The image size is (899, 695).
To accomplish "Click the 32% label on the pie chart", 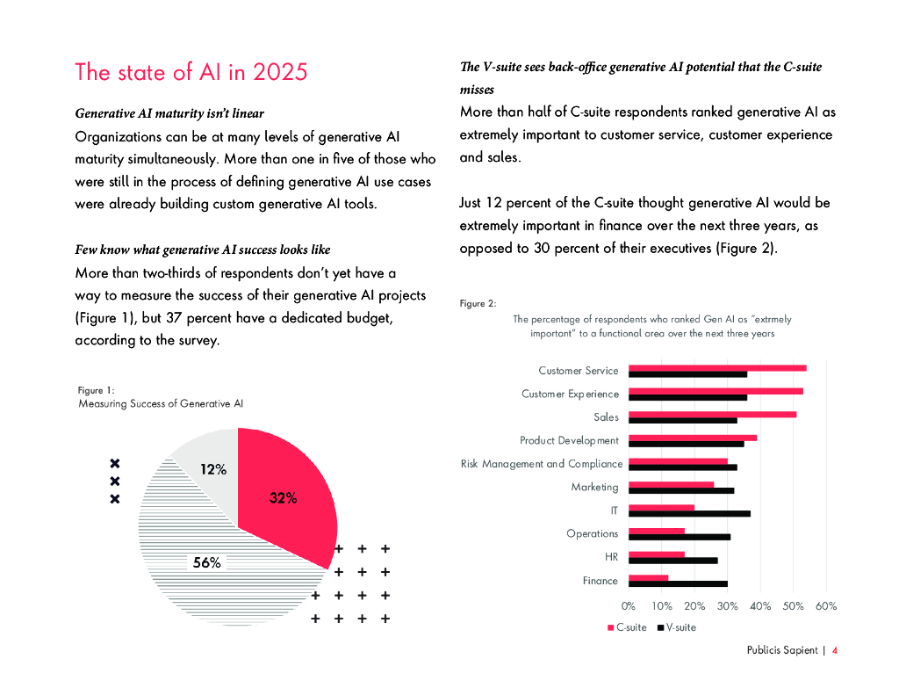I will pyautogui.click(x=283, y=498).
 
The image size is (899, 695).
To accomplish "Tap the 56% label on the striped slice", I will pyautogui.click(x=206, y=563).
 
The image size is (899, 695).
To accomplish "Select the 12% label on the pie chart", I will pyautogui.click(x=213, y=470).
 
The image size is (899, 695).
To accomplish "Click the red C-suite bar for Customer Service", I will pyautogui.click(x=718, y=367).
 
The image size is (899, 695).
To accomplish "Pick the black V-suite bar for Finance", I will pyautogui.click(x=679, y=583).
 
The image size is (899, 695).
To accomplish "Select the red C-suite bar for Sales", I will pyautogui.click(x=713, y=414).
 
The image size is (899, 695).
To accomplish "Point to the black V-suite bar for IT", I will pyautogui.click(x=690, y=513).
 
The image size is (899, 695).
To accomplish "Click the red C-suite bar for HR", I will pyautogui.click(x=657, y=554).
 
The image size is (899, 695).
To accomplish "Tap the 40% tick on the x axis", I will pyautogui.click(x=760, y=606).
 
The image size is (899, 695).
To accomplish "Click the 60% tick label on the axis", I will pyautogui.click(x=826, y=606).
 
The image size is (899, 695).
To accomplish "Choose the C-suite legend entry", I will pyautogui.click(x=627, y=627).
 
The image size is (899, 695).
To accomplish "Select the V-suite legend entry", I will pyautogui.click(x=676, y=627).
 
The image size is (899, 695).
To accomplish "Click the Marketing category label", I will pyautogui.click(x=594, y=487).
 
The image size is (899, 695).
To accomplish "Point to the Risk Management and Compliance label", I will pyautogui.click(x=541, y=464).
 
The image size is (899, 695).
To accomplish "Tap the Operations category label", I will pyautogui.click(x=592, y=533).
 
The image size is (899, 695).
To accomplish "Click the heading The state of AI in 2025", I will pyautogui.click(x=191, y=71).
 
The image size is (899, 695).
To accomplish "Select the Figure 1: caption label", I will pyautogui.click(x=97, y=389).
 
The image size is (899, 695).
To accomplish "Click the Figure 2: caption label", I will pyautogui.click(x=478, y=303).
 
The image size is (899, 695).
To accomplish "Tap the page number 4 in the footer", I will pyautogui.click(x=834, y=651).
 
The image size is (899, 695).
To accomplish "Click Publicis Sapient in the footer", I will pyautogui.click(x=781, y=651).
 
